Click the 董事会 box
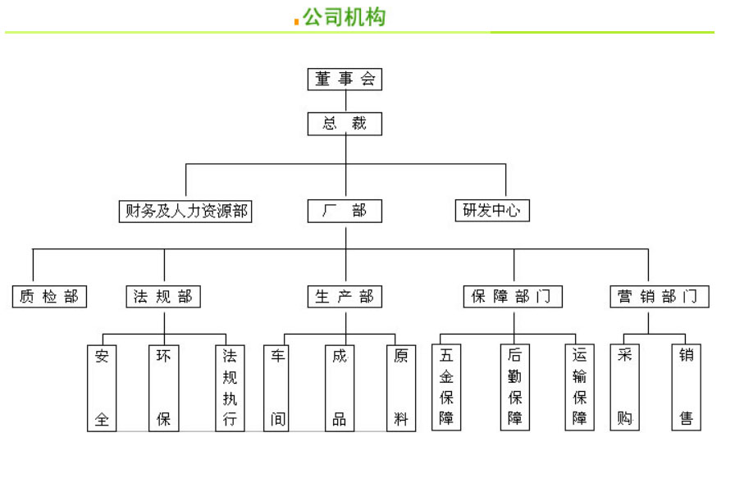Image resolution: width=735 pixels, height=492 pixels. tap(345, 80)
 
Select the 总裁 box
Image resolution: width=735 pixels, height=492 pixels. tap(345, 124)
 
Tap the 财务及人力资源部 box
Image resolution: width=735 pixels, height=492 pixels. tap(185, 211)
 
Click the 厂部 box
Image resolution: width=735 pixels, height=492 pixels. tap(345, 211)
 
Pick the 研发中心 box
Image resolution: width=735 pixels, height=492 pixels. tap(492, 211)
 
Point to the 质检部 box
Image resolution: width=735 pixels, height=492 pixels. tap(50, 297)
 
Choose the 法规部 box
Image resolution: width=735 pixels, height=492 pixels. tap(164, 297)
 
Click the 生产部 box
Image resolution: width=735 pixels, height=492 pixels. tap(345, 297)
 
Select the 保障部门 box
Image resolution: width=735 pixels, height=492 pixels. tap(513, 297)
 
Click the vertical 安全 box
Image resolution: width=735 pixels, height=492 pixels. tap(102, 388)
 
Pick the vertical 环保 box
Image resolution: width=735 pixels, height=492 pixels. tap(163, 388)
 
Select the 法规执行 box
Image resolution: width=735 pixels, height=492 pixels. tap(230, 388)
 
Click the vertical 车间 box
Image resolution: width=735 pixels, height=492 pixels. tap(278, 388)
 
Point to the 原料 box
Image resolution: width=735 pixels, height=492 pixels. tap(401, 388)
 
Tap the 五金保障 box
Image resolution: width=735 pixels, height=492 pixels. tap(446, 388)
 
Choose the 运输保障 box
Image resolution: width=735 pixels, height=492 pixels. tap(580, 388)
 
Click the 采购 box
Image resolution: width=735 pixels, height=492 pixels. tap(624, 388)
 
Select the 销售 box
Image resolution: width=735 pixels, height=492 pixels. tap(687, 388)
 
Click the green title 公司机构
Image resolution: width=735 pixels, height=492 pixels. tap(344, 17)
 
